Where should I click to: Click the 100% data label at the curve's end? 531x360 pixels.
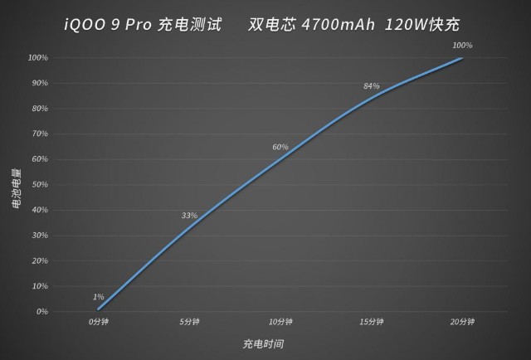click(x=463, y=45)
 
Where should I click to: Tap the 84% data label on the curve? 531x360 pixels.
click(x=372, y=86)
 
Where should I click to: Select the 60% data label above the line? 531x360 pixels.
click(x=280, y=147)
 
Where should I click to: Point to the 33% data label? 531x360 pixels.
click(x=189, y=216)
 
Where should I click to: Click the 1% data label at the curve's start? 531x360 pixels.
click(x=99, y=297)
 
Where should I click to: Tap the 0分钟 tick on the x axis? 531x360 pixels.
click(x=98, y=321)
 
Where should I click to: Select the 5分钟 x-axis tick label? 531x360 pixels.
click(x=189, y=321)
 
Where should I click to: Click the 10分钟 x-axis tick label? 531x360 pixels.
click(x=280, y=321)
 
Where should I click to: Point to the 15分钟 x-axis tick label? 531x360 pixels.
click(x=372, y=321)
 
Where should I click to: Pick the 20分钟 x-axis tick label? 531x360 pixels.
click(x=463, y=321)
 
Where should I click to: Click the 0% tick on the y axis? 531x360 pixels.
click(x=41, y=312)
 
